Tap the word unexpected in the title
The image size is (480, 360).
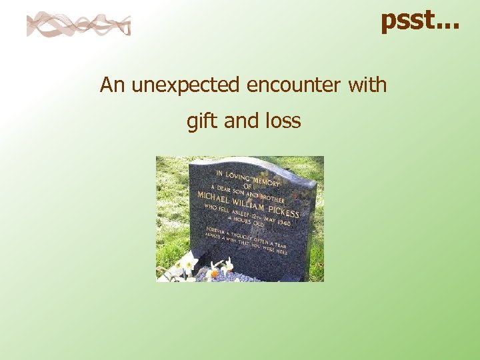coord(187,85)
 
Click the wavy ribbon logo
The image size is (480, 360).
coord(79,25)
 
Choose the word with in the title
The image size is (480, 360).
coord(368,85)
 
